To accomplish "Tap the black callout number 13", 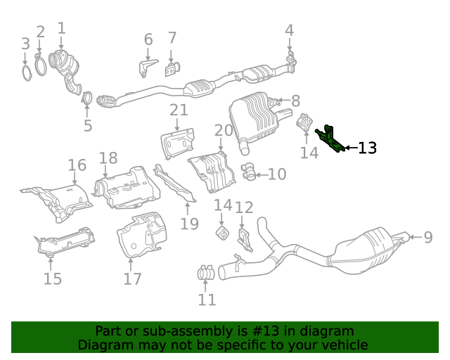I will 367,148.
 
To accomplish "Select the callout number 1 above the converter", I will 61,28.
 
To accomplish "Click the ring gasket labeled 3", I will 26,72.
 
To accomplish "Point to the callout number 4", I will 289,30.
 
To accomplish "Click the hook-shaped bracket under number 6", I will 146,67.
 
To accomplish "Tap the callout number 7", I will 172,38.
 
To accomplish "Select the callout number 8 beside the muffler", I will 295,101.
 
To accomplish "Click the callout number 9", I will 427,238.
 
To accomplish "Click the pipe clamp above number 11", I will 205,272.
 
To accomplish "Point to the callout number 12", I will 243,207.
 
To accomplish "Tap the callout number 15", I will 53,279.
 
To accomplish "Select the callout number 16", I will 77,165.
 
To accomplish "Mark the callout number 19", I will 189,224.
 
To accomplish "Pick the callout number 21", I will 179,110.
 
